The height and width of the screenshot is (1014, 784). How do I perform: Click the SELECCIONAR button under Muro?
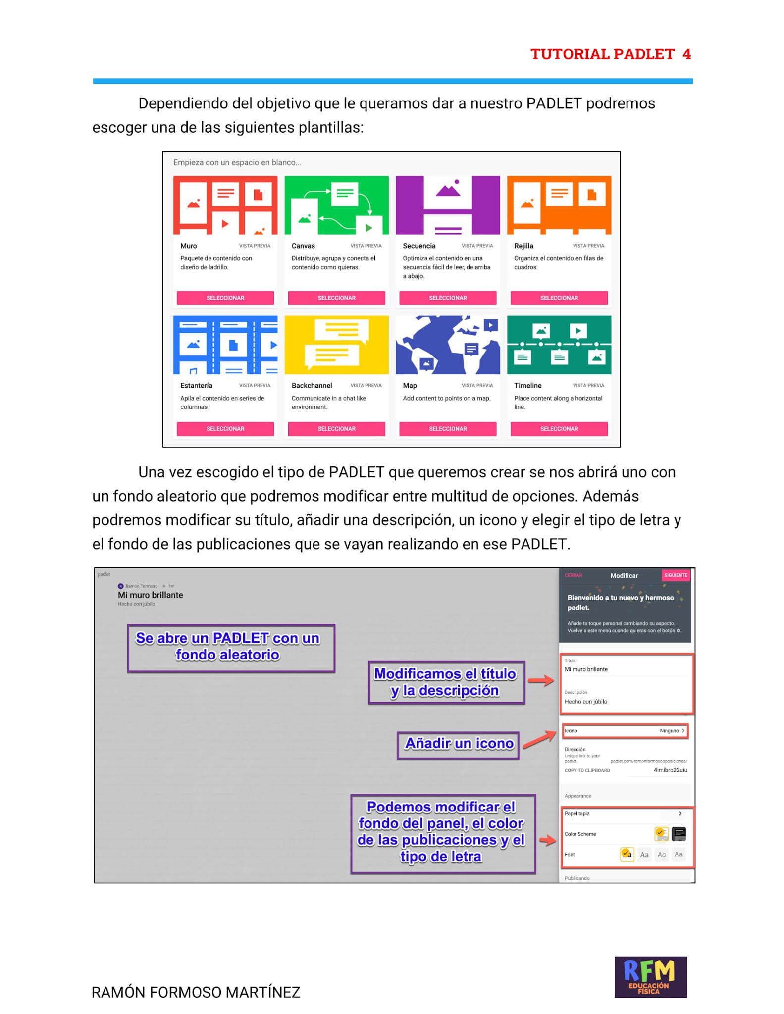225,298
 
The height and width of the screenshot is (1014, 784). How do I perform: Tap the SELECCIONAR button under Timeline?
559,429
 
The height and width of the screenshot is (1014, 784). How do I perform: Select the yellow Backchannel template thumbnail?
336,345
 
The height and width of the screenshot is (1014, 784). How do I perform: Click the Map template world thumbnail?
448,345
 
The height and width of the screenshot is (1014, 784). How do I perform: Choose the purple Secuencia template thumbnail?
448,205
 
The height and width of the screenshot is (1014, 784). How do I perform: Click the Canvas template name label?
303,246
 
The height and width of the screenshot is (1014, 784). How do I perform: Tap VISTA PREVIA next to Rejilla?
588,246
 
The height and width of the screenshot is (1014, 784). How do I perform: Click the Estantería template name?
196,386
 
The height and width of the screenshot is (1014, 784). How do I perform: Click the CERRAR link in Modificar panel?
573,575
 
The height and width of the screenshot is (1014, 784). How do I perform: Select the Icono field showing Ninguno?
625,731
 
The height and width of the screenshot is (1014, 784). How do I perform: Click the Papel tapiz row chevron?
680,813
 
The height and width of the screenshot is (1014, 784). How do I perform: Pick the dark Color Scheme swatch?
679,834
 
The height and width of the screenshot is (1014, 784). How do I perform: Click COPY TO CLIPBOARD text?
587,770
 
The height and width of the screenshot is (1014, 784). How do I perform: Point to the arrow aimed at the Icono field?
540,740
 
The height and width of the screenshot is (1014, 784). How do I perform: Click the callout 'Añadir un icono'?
458,744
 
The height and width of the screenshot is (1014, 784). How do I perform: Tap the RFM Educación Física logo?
650,976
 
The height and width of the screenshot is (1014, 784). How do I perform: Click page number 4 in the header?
686,54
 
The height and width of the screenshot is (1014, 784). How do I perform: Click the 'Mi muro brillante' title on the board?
150,595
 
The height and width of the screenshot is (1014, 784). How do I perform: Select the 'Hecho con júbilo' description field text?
585,702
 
